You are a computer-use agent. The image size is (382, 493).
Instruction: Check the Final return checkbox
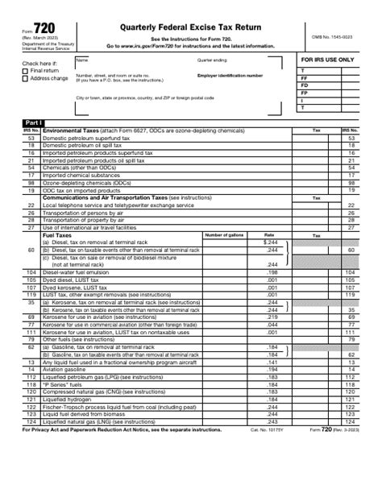tap(25, 71)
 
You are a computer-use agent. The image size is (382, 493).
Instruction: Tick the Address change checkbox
tap(25, 79)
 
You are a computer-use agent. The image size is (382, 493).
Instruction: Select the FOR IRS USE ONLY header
tap(328, 60)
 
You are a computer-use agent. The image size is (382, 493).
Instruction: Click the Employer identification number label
tap(230, 75)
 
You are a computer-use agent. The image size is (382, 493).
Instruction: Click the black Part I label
tap(34, 122)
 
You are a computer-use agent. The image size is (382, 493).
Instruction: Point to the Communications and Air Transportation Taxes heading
tap(105, 197)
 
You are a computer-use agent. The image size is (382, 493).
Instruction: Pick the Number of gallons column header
tap(224, 234)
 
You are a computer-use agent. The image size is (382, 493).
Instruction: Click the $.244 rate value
tap(271, 242)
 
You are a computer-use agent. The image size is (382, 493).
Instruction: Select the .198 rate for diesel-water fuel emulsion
tap(272, 272)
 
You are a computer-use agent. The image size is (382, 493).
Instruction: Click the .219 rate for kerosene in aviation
tap(272, 318)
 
